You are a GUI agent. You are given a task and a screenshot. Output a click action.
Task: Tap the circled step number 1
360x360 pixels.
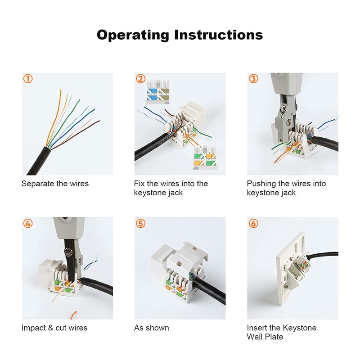(x=28, y=79)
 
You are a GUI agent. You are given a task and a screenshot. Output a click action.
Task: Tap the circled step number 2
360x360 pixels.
(x=141, y=79)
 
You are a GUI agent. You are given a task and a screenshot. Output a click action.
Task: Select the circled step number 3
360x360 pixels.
(x=254, y=79)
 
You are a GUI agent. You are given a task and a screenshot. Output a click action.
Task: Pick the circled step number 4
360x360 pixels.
(x=28, y=223)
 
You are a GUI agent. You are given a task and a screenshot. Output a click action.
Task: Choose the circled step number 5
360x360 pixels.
(x=141, y=223)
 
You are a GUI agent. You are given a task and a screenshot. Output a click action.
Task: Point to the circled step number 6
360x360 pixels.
(x=254, y=223)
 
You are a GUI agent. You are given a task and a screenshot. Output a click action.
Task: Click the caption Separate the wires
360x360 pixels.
(x=55, y=184)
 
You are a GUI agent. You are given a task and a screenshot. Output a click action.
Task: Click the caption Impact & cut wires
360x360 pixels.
(x=54, y=328)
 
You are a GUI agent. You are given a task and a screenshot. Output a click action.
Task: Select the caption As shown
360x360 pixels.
(x=152, y=328)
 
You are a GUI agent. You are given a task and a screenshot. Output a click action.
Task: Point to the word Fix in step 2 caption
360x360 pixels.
(x=140, y=184)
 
